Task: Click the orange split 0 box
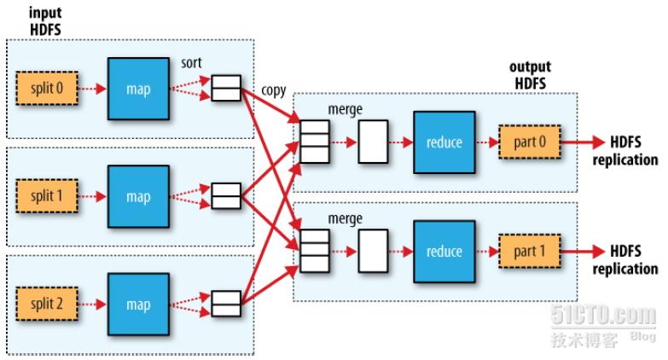click(47, 88)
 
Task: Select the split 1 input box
click(47, 196)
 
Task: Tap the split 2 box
click(47, 304)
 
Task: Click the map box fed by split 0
click(138, 89)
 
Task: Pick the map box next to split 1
click(138, 196)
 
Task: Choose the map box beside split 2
click(138, 305)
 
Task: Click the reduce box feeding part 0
click(444, 142)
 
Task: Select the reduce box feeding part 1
click(444, 252)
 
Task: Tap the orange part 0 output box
click(530, 142)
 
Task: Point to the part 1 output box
click(530, 251)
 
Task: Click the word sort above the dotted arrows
click(191, 63)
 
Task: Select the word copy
click(274, 90)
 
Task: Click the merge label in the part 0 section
click(345, 109)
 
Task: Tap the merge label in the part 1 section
click(345, 218)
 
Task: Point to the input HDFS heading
click(45, 21)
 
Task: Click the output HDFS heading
click(530, 75)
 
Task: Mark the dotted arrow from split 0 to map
click(92, 89)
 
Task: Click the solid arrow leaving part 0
click(584, 142)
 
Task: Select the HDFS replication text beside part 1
click(625, 259)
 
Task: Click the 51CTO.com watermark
click(603, 316)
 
